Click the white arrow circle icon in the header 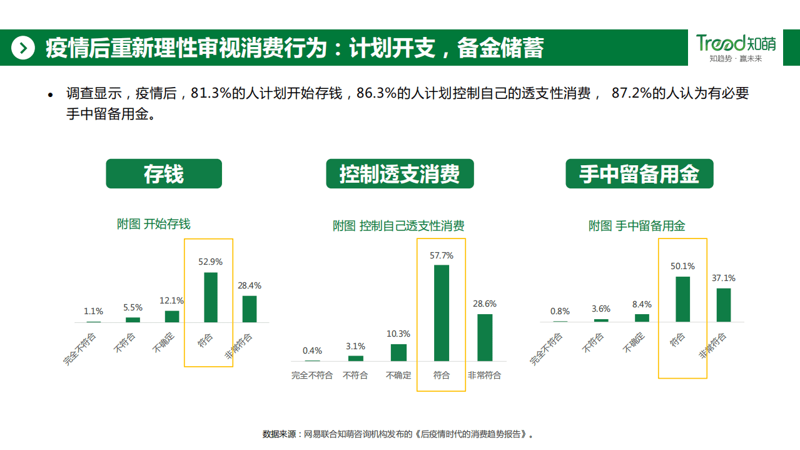(23, 48)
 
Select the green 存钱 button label (164, 174)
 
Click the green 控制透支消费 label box (400, 174)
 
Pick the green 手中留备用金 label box (639, 174)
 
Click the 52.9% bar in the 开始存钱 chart (211, 297)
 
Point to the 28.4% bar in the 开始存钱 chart (250, 309)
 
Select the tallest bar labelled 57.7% (442, 313)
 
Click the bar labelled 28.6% (485, 337)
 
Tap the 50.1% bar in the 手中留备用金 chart (682, 299)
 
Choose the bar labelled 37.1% (724, 305)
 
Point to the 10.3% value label (398, 334)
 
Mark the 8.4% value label (642, 304)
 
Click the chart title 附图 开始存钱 (154, 224)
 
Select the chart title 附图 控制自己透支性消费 (398, 226)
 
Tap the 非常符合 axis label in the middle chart (485, 376)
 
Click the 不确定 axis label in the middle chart (398, 376)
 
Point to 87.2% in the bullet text (630, 94)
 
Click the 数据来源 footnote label (279, 434)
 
